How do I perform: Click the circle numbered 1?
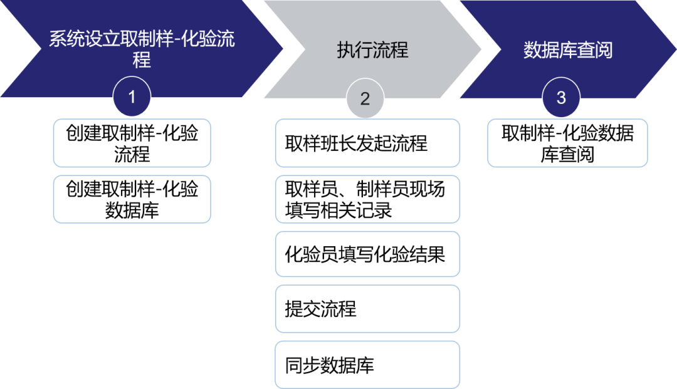(x=132, y=97)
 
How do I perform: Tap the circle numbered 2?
(x=364, y=98)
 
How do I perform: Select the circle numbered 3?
(x=561, y=97)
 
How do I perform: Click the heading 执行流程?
(x=372, y=50)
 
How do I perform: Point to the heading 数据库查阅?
(x=568, y=50)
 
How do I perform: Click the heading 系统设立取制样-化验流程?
(x=142, y=49)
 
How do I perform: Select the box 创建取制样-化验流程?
(x=132, y=143)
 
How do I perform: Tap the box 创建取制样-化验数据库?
(x=132, y=199)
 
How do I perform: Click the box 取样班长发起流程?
(x=367, y=143)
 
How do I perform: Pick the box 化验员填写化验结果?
(x=367, y=254)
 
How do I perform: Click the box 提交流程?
(x=367, y=309)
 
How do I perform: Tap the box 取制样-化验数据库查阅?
(x=567, y=143)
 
